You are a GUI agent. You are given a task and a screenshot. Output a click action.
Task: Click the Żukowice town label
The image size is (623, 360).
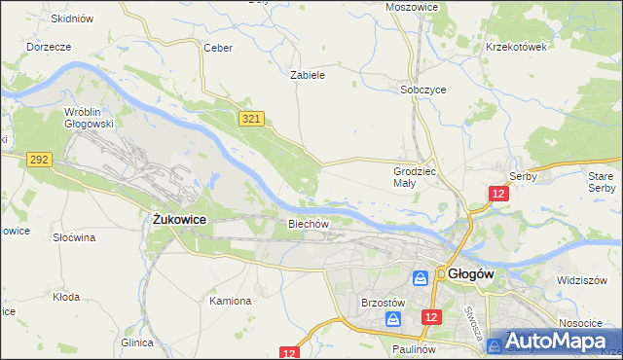coord(179,221)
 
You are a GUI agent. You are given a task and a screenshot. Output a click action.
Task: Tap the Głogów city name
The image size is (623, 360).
coord(472,274)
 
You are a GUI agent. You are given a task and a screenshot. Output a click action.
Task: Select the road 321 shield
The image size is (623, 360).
coord(250,118)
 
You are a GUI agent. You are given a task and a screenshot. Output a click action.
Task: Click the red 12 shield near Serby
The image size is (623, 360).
coord(498,195)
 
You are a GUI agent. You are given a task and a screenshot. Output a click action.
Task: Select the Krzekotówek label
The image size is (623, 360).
coord(518,46)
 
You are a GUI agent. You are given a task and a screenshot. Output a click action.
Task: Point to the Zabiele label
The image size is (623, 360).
coord(308,74)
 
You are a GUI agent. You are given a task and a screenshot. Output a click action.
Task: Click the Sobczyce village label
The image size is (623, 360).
coord(423,89)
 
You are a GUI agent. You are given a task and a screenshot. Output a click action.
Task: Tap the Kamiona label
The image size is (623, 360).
coord(231,301)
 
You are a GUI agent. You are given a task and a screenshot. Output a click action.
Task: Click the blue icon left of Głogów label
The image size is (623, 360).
coord(421,277)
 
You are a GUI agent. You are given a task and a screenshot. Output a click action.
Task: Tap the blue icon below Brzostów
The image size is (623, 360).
coord(392,318)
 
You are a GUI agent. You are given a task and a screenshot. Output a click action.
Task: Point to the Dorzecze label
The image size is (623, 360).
coord(50,46)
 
